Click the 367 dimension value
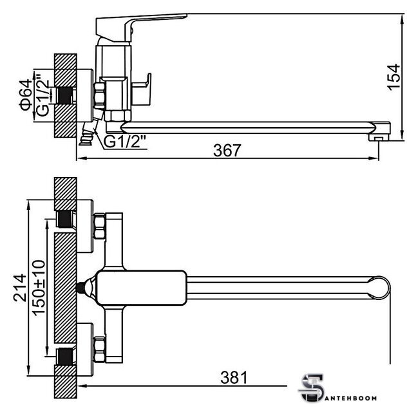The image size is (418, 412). click(227, 150)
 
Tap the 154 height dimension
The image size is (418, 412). click(394, 77)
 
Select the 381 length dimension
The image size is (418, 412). click(234, 378)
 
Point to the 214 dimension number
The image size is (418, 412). click(20, 288)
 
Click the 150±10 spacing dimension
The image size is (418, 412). click(39, 288)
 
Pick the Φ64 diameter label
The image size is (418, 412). click(26, 95)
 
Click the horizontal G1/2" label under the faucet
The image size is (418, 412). click(125, 142)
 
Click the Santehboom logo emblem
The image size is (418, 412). click(311, 388)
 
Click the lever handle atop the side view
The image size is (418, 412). click(141, 27)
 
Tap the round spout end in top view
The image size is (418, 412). click(379, 288)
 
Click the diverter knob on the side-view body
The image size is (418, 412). click(142, 89)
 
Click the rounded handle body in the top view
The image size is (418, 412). click(141, 288)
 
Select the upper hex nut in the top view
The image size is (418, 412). click(100, 226)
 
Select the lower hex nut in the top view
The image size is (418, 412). click(100, 350)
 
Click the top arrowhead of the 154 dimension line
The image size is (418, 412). click(403, 18)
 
